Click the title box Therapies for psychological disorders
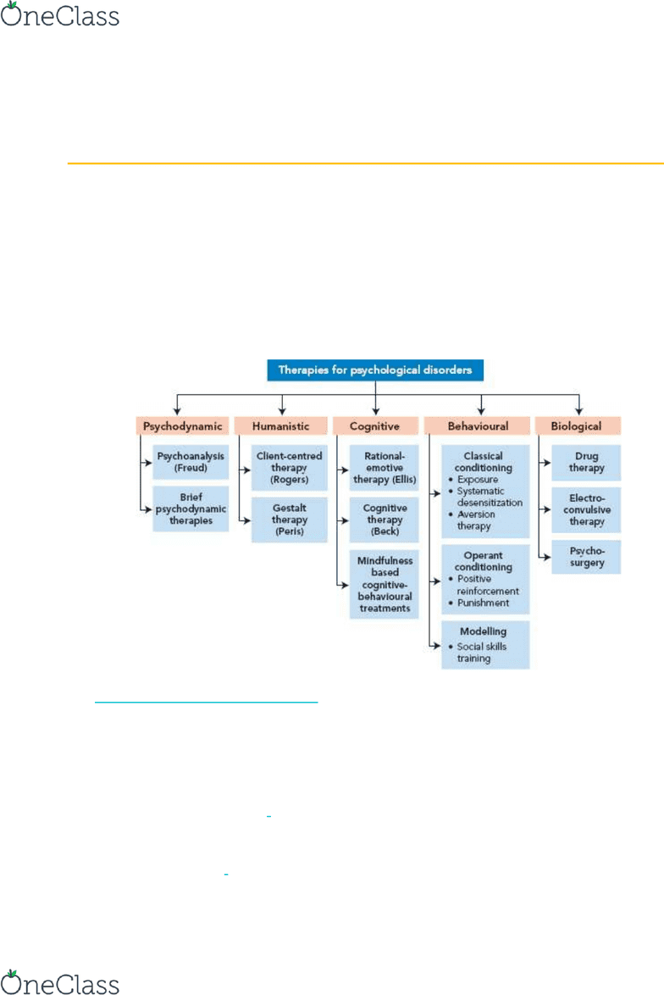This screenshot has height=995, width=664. pyautogui.click(x=375, y=370)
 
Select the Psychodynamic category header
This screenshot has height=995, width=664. pyautogui.click(x=182, y=425)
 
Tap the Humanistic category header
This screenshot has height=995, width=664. pyautogui.click(x=281, y=425)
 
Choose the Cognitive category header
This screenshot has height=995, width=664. pyautogui.click(x=375, y=425)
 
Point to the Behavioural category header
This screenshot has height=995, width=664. pyautogui.click(x=478, y=425)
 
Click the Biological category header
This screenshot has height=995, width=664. pyautogui.click(x=577, y=425)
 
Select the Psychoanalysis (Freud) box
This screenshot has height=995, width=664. pyautogui.click(x=191, y=462)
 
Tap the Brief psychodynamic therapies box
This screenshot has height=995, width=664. pyautogui.click(x=191, y=509)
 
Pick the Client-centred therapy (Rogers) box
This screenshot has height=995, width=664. pyautogui.click(x=289, y=468)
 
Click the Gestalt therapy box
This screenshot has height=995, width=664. pyautogui.click(x=289, y=520)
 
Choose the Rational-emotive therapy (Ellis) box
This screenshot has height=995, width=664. pyautogui.click(x=385, y=468)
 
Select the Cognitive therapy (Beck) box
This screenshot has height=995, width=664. pyautogui.click(x=385, y=520)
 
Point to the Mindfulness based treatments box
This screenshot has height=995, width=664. pyautogui.click(x=385, y=585)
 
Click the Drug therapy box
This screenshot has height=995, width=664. pyautogui.click(x=586, y=462)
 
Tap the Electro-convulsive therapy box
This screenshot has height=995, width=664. pyautogui.click(x=586, y=509)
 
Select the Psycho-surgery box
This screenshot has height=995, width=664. pyautogui.click(x=586, y=557)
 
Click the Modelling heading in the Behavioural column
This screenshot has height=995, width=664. pyautogui.click(x=484, y=631)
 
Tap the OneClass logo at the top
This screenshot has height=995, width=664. pyautogui.click(x=60, y=14)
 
